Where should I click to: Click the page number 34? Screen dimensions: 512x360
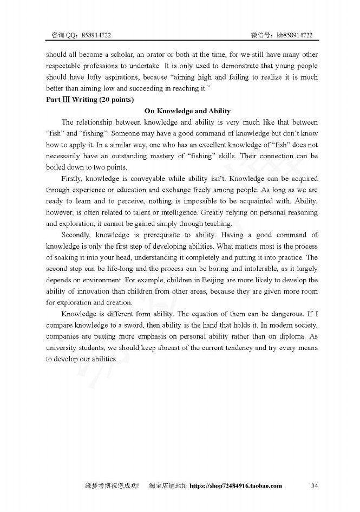tap(315, 485)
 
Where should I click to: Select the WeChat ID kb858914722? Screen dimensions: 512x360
tap(294, 35)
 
